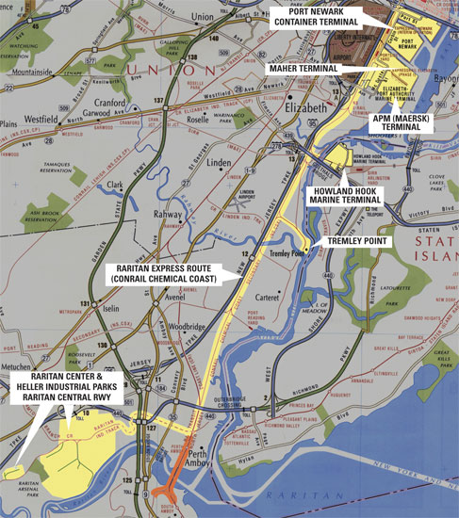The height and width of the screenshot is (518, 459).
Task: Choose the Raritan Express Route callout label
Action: point(166,272)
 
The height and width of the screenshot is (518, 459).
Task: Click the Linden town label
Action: point(219,163)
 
